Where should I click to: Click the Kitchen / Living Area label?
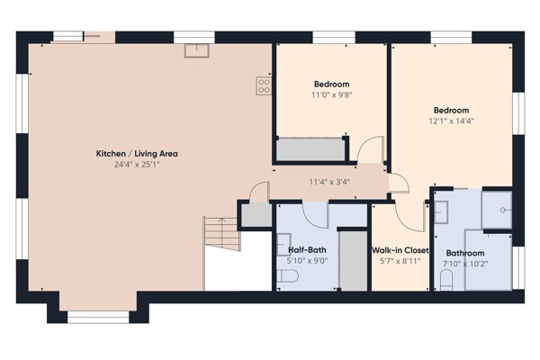tap(137, 154)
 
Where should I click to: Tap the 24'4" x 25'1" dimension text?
tap(137, 165)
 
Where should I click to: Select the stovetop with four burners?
tap(264, 85)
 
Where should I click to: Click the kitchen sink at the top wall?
tap(196, 50)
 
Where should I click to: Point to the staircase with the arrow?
tap(221, 233)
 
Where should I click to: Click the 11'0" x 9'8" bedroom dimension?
tap(331, 94)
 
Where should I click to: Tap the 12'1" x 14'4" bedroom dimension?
tap(451, 121)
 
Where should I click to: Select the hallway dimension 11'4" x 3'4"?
tap(329, 182)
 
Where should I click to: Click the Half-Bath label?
tap(307, 250)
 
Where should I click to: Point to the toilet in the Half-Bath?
tap(288, 275)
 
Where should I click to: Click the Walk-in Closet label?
tap(400, 250)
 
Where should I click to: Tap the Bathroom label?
tap(465, 253)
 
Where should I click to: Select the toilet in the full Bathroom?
tap(446, 280)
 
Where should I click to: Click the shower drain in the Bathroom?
tap(503, 210)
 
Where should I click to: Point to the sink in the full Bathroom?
tap(441, 212)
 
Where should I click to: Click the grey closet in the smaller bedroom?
tap(310, 149)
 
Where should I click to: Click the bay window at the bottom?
tap(98, 318)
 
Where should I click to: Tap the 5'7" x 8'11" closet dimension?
tap(400, 261)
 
